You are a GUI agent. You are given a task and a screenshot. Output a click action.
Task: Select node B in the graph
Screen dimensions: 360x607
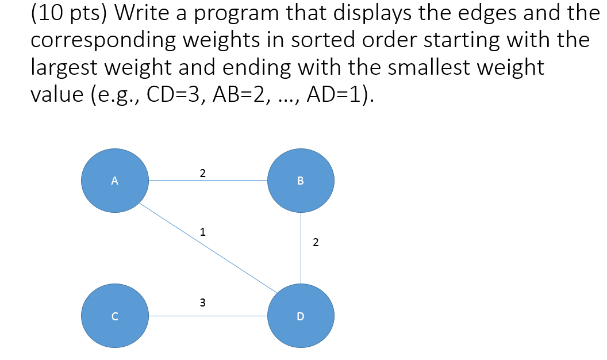point(301,181)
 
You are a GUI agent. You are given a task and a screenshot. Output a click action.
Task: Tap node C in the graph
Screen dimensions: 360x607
point(115,316)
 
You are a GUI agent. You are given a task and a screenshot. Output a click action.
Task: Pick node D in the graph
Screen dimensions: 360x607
point(301,316)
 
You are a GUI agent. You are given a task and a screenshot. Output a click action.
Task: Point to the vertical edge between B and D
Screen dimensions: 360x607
point(301,248)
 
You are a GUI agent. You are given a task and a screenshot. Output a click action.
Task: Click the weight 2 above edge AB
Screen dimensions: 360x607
point(202,173)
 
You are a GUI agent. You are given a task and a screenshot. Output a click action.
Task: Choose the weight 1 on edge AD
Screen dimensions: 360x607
point(202,232)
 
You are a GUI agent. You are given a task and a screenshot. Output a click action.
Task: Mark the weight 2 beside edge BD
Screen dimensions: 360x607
point(316,243)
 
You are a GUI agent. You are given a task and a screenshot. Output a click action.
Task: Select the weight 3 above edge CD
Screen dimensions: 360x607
point(202,302)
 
